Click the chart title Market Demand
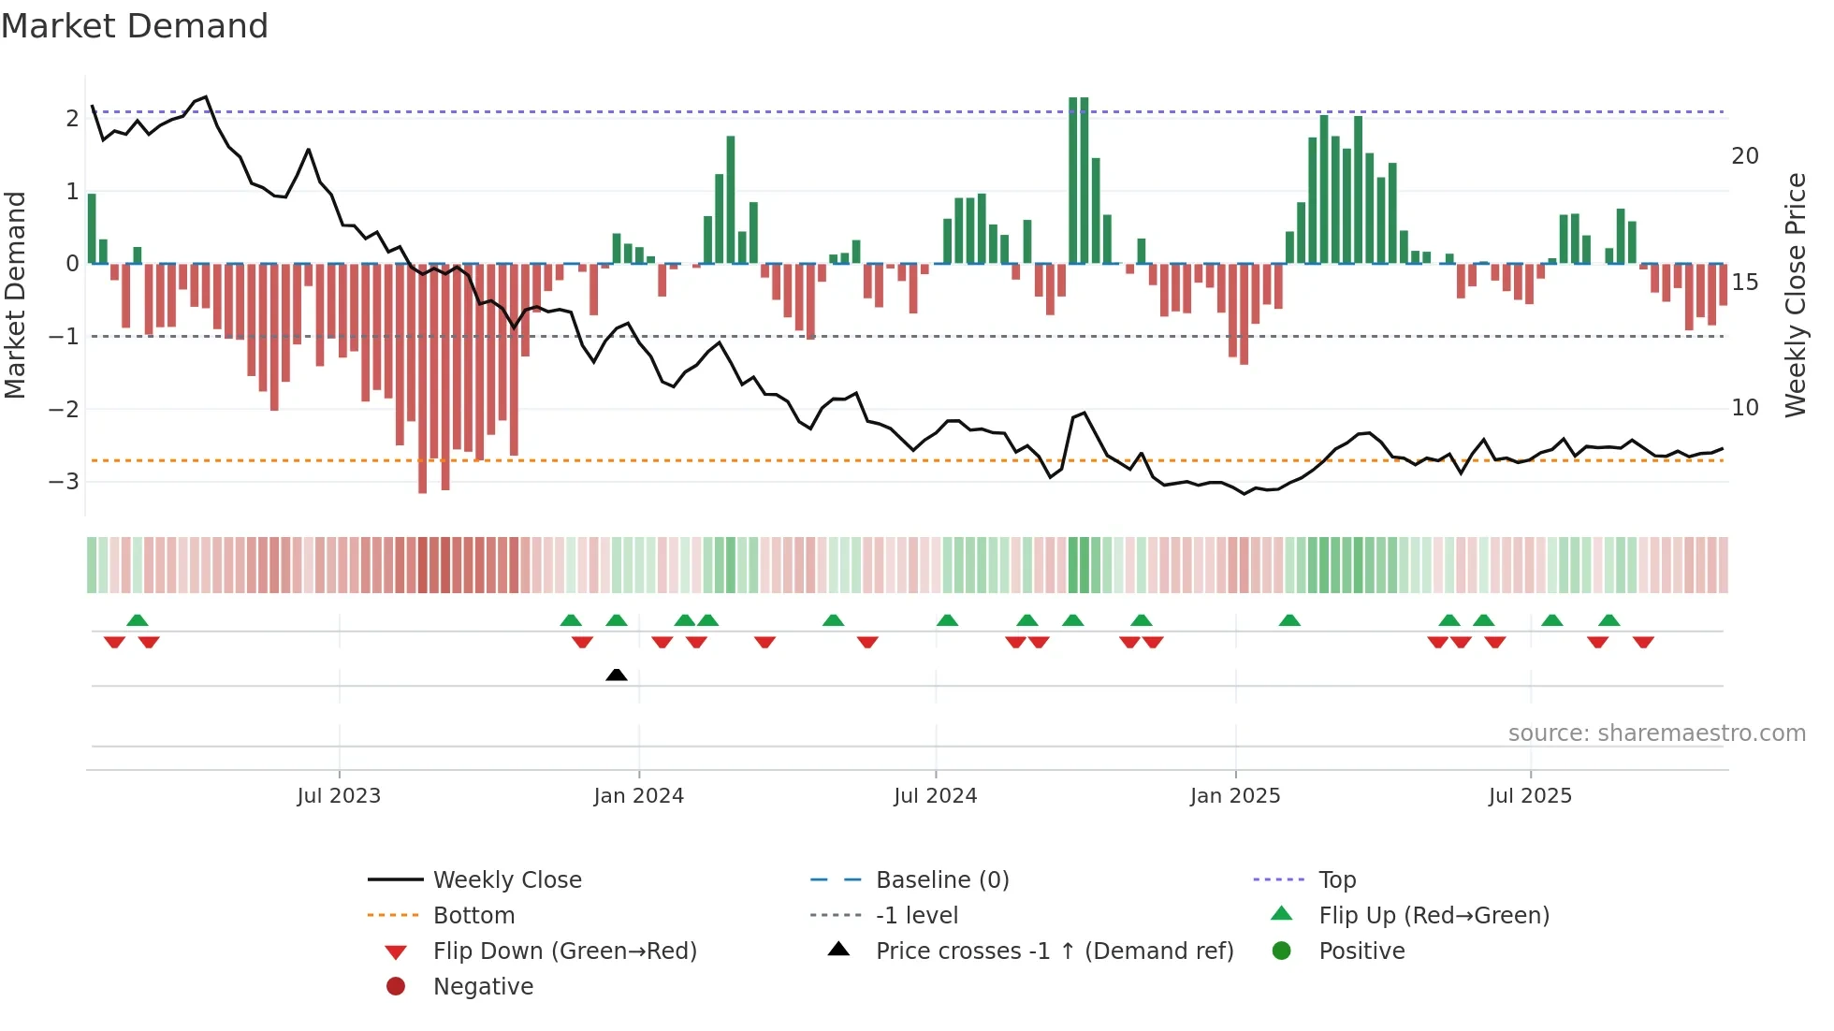[135, 26]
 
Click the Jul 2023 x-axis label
[339, 796]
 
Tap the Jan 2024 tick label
[638, 796]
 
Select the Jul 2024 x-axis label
[935, 796]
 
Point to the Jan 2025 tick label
[1234, 796]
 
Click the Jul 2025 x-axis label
[1530, 796]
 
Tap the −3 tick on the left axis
[64, 482]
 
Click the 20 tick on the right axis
[1744, 156]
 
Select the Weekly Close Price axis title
[1795, 295]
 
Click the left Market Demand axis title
[15, 295]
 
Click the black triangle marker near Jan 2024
[616, 675]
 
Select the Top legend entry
[1336, 880]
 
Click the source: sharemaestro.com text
[1656, 733]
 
